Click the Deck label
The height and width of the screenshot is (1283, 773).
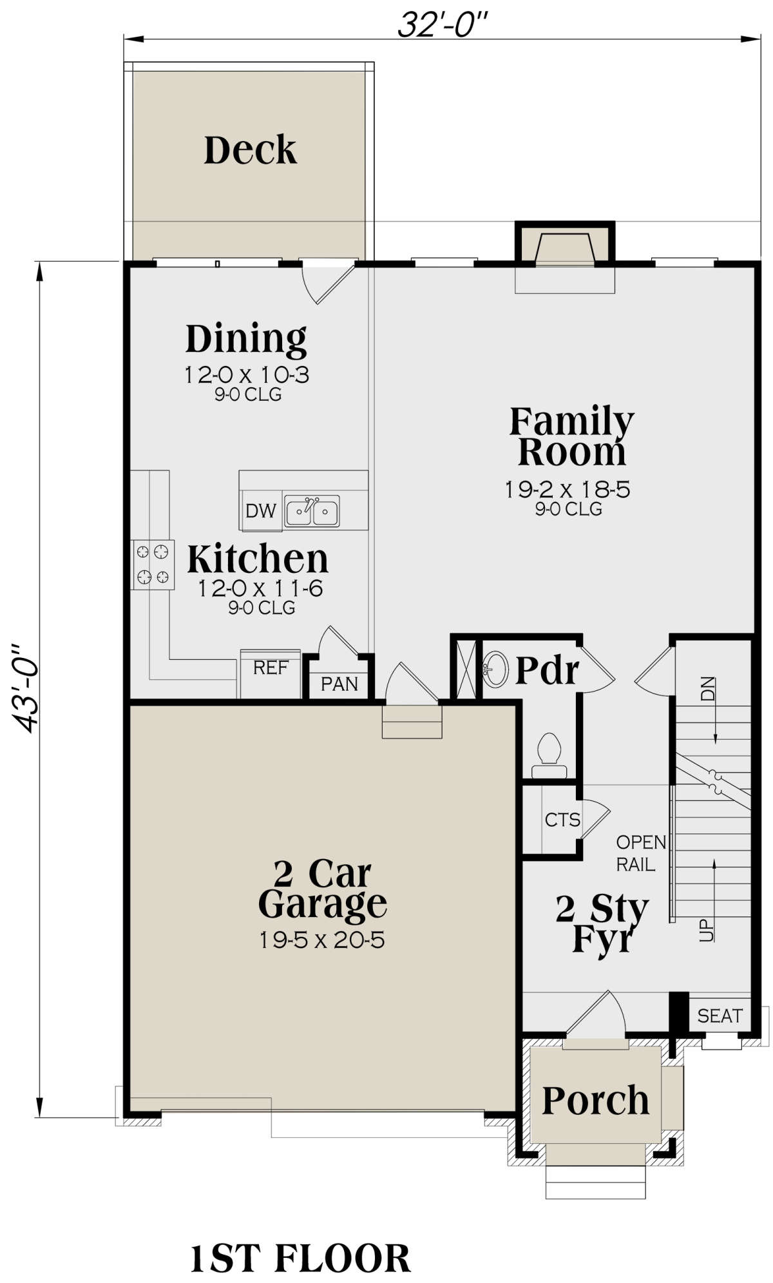coord(250,150)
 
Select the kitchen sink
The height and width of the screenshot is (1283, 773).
coord(312,512)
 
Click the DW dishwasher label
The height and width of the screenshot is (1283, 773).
coord(261,511)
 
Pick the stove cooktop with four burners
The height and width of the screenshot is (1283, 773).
coord(153,564)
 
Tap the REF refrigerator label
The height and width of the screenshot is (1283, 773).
coord(271,668)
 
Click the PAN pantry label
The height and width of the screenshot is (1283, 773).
coord(339,684)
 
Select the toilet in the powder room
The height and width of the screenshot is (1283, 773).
coord(549,755)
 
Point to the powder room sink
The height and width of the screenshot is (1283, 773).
coord(495,668)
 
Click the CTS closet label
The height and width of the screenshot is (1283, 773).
coord(562,820)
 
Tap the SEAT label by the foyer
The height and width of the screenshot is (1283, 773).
coord(720,1016)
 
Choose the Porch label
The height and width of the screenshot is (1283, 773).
coord(596,1101)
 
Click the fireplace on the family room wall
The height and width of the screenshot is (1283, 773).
coord(565,248)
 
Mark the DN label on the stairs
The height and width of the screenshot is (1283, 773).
coord(707,688)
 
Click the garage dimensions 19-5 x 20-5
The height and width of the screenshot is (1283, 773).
coord(322,940)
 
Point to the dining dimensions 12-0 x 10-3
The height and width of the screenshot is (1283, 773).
coord(247,375)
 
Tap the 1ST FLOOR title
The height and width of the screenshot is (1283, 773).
coord(300,1259)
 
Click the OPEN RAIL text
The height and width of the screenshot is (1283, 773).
coord(641,853)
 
